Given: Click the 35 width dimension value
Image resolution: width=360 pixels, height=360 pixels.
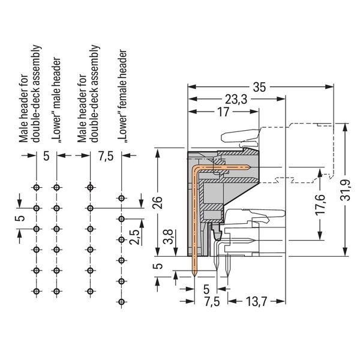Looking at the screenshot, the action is (259, 87).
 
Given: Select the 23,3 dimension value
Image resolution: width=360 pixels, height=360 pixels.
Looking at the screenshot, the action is (236, 100).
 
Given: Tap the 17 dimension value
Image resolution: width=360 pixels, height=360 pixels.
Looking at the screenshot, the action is (223, 112).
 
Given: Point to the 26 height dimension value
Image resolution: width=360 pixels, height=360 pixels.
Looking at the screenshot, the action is (158, 202).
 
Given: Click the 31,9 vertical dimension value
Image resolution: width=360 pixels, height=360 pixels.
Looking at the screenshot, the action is (346, 190).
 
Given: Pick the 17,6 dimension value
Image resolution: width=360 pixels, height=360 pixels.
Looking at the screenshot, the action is (320, 205).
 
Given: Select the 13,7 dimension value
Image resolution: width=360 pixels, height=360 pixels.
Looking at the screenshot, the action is (256, 301).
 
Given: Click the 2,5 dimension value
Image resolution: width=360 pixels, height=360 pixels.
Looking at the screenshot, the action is (134, 237).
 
